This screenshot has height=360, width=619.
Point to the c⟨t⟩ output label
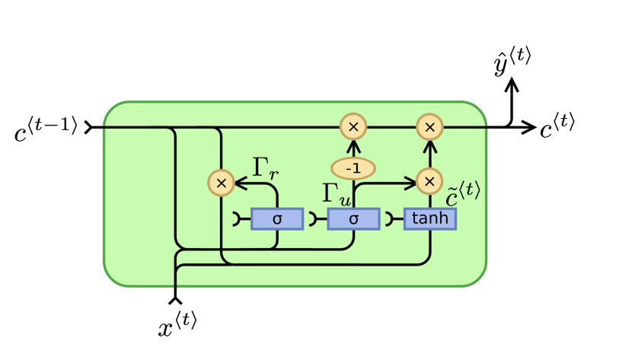coord(557,127)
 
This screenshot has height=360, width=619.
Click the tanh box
coord(430,219)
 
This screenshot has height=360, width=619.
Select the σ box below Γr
coord(277,219)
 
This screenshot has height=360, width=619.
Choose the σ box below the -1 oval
coord(353,219)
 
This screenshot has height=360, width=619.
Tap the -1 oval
coord(353,167)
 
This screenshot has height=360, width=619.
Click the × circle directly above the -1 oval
coord(353,127)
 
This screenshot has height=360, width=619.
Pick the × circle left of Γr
coord(221,183)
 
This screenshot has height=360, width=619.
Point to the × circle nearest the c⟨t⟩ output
coord(429,127)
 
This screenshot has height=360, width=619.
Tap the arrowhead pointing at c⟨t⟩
coord(531,127)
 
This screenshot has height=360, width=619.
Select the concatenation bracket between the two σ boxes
coord(314,219)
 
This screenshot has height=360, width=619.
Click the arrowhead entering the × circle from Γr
coord(238,183)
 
